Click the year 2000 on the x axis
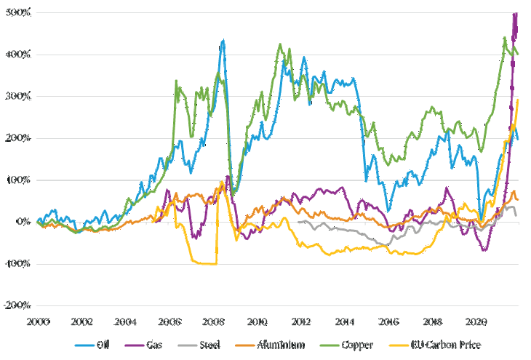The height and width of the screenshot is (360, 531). (37, 320)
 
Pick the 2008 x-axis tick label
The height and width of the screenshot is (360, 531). (213, 320)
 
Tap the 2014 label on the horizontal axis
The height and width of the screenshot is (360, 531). (345, 320)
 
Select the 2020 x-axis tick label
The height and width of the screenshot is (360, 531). (476, 320)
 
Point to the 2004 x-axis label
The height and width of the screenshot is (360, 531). (125, 320)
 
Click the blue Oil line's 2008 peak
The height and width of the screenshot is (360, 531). (223, 41)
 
